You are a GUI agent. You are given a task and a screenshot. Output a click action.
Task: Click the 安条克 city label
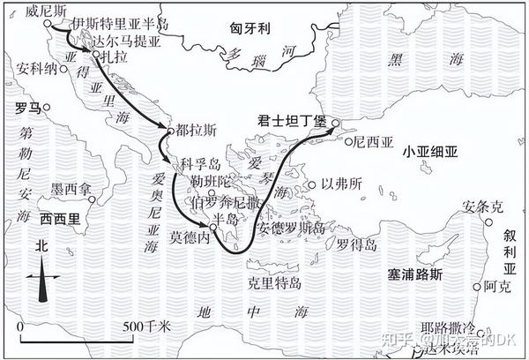click(x=483, y=207)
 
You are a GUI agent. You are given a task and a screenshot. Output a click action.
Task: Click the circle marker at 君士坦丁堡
click(x=335, y=124)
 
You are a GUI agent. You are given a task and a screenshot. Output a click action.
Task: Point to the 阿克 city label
click(x=495, y=287)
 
